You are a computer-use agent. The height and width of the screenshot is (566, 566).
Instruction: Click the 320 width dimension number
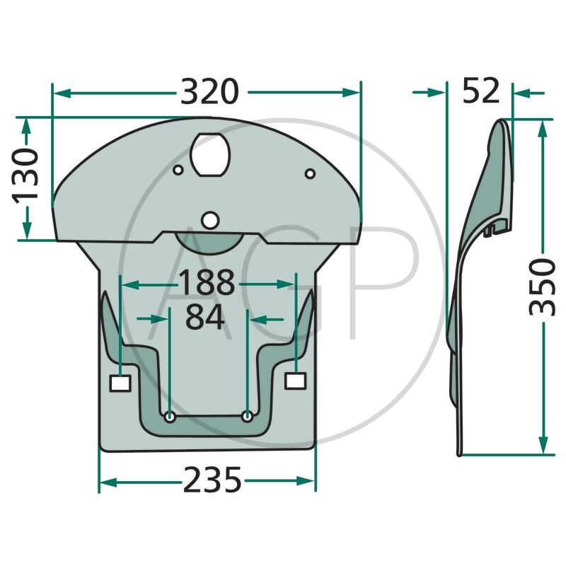pyautogui.click(x=209, y=92)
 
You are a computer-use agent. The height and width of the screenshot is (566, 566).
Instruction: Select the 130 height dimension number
pyautogui.click(x=25, y=175)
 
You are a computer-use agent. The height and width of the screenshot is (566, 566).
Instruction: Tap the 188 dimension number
pyautogui.click(x=207, y=282)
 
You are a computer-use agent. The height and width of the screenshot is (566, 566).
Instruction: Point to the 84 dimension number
pyautogui.click(x=204, y=317)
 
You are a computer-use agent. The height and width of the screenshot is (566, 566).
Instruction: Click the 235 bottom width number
pyautogui.click(x=212, y=480)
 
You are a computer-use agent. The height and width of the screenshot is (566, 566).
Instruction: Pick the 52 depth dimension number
pyautogui.click(x=481, y=91)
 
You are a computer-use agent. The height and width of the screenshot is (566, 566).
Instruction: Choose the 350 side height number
pyautogui.click(x=542, y=287)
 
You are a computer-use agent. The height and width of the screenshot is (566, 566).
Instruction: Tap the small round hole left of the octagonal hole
pyautogui.click(x=178, y=170)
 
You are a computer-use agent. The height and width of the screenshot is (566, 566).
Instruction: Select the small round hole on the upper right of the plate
pyautogui.click(x=310, y=173)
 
